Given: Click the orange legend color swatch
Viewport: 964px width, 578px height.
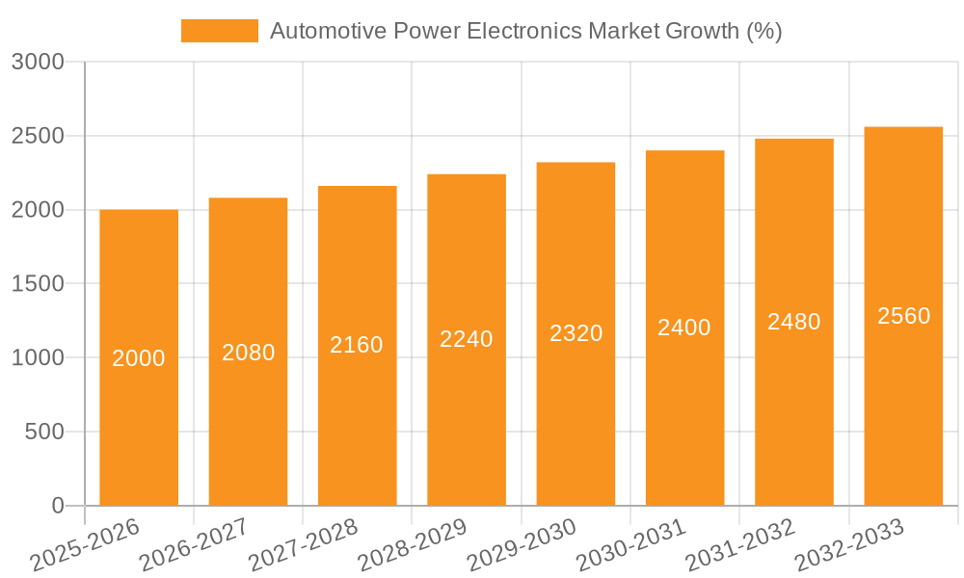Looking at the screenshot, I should pyautogui.click(x=220, y=31).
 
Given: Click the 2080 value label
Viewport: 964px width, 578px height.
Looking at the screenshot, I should pyautogui.click(x=249, y=353).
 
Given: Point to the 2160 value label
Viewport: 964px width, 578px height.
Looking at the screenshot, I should pyautogui.click(x=357, y=345).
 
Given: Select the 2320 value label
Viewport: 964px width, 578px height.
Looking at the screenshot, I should pyautogui.click(x=576, y=333).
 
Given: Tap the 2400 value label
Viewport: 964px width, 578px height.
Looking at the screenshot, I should pyautogui.click(x=684, y=328).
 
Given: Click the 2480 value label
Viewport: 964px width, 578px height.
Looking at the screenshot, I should pyautogui.click(x=794, y=322).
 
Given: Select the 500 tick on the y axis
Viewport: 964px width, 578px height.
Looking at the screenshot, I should pyautogui.click(x=44, y=433).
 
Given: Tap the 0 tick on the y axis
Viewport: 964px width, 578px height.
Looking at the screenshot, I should pyautogui.click(x=57, y=507).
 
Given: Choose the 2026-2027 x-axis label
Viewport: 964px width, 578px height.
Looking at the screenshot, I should pyautogui.click(x=194, y=544).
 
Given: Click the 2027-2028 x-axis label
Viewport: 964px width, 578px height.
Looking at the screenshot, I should pyautogui.click(x=303, y=544).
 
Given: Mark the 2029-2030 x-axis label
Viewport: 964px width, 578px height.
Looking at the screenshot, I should pyautogui.click(x=522, y=544).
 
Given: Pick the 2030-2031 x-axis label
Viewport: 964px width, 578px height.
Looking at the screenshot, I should pyautogui.click(x=630, y=544).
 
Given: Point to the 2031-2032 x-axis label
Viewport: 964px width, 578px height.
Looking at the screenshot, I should pyautogui.click(x=740, y=544).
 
